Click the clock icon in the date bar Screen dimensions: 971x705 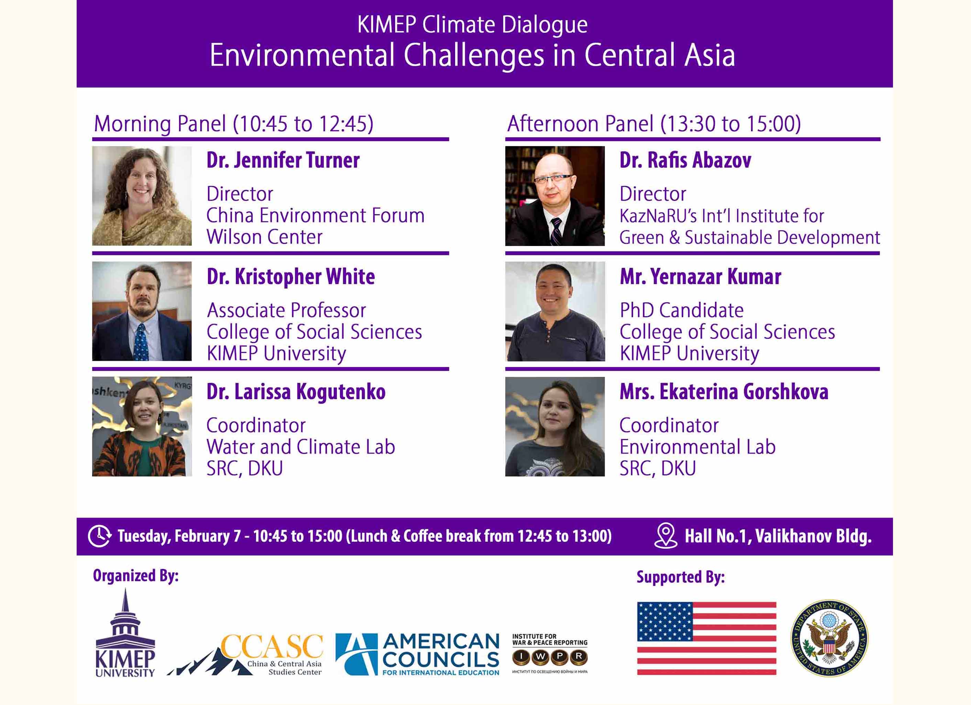[x=99, y=536]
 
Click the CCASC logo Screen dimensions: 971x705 [x=245, y=654]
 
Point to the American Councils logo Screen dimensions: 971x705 [x=417, y=654]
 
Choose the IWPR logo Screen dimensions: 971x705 [x=550, y=653]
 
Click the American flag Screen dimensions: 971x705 [x=706, y=638]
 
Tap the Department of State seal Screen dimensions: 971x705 [x=829, y=638]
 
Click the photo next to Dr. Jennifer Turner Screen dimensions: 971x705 [x=142, y=195]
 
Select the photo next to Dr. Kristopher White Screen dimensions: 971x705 [x=142, y=311]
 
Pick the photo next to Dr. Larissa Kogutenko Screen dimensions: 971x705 [x=142, y=426]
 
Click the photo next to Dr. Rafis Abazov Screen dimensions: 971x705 [x=555, y=195]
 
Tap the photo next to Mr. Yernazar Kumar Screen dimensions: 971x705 [x=555, y=311]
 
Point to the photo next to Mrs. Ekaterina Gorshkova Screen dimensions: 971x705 [x=555, y=426]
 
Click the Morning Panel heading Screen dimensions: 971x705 [x=234, y=124]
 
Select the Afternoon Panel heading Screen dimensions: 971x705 [x=654, y=124]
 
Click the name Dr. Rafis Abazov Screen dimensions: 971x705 [x=685, y=160]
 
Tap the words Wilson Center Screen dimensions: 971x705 [x=264, y=237]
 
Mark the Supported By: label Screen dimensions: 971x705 [x=681, y=577]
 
